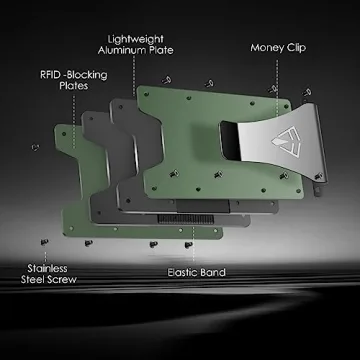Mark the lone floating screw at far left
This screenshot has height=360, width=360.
35,147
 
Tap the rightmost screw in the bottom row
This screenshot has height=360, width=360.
188,243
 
